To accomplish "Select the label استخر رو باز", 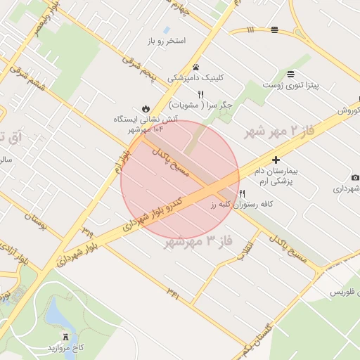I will [166, 41].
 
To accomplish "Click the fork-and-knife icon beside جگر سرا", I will [200, 94].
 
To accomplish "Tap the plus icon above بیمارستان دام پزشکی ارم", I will [276, 160].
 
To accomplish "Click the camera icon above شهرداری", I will [355, 177].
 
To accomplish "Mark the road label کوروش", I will [348, 111].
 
